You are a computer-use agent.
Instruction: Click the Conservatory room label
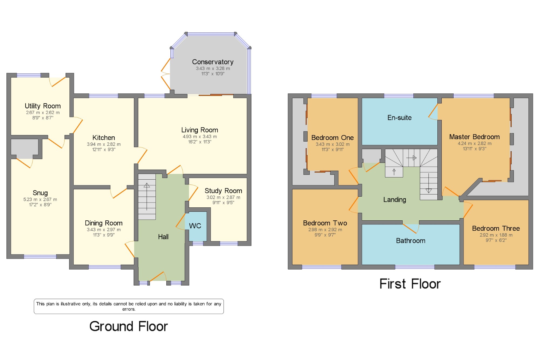(x=213, y=62)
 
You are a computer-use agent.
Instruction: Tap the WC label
(x=195, y=226)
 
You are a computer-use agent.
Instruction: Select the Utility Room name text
(x=43, y=106)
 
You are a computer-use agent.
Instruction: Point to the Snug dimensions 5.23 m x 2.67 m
(x=40, y=200)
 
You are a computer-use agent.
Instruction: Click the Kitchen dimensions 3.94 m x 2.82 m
(x=104, y=144)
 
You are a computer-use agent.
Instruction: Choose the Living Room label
(x=200, y=130)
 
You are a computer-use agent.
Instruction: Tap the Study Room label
(x=223, y=191)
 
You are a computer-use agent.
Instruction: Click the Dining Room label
(x=104, y=223)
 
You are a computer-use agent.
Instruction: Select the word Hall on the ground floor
(x=163, y=237)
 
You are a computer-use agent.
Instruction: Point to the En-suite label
(x=400, y=118)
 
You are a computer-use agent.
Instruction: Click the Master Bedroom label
(x=474, y=137)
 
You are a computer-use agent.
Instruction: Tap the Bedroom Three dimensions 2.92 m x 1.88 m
(x=496, y=235)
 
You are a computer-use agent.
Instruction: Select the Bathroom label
(x=411, y=241)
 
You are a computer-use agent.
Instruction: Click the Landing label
(x=395, y=200)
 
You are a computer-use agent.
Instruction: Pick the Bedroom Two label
(x=325, y=223)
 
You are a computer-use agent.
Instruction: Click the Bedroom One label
(x=332, y=138)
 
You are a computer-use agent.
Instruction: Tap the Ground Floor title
(x=129, y=326)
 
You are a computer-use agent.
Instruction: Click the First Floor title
(x=410, y=284)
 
